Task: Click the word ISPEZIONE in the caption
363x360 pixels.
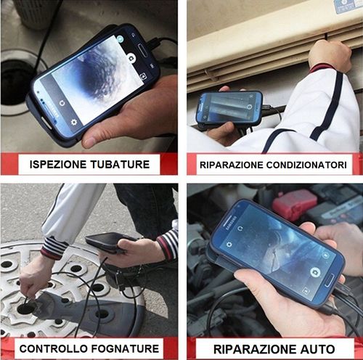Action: click(x=58, y=165)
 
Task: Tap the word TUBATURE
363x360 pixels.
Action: click(x=120, y=165)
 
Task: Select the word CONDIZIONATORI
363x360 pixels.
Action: click(x=306, y=165)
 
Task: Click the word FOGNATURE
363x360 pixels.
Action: click(x=125, y=349)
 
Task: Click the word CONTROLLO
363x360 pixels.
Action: click(x=54, y=349)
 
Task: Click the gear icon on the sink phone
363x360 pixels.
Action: click(x=75, y=122)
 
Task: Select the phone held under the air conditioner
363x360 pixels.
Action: click(x=229, y=108)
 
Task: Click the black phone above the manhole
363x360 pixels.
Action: click(x=107, y=242)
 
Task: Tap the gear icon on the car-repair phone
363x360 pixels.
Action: click(x=229, y=245)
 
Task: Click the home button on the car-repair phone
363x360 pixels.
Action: click(x=330, y=282)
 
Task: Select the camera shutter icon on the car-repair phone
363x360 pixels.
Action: click(x=315, y=272)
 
